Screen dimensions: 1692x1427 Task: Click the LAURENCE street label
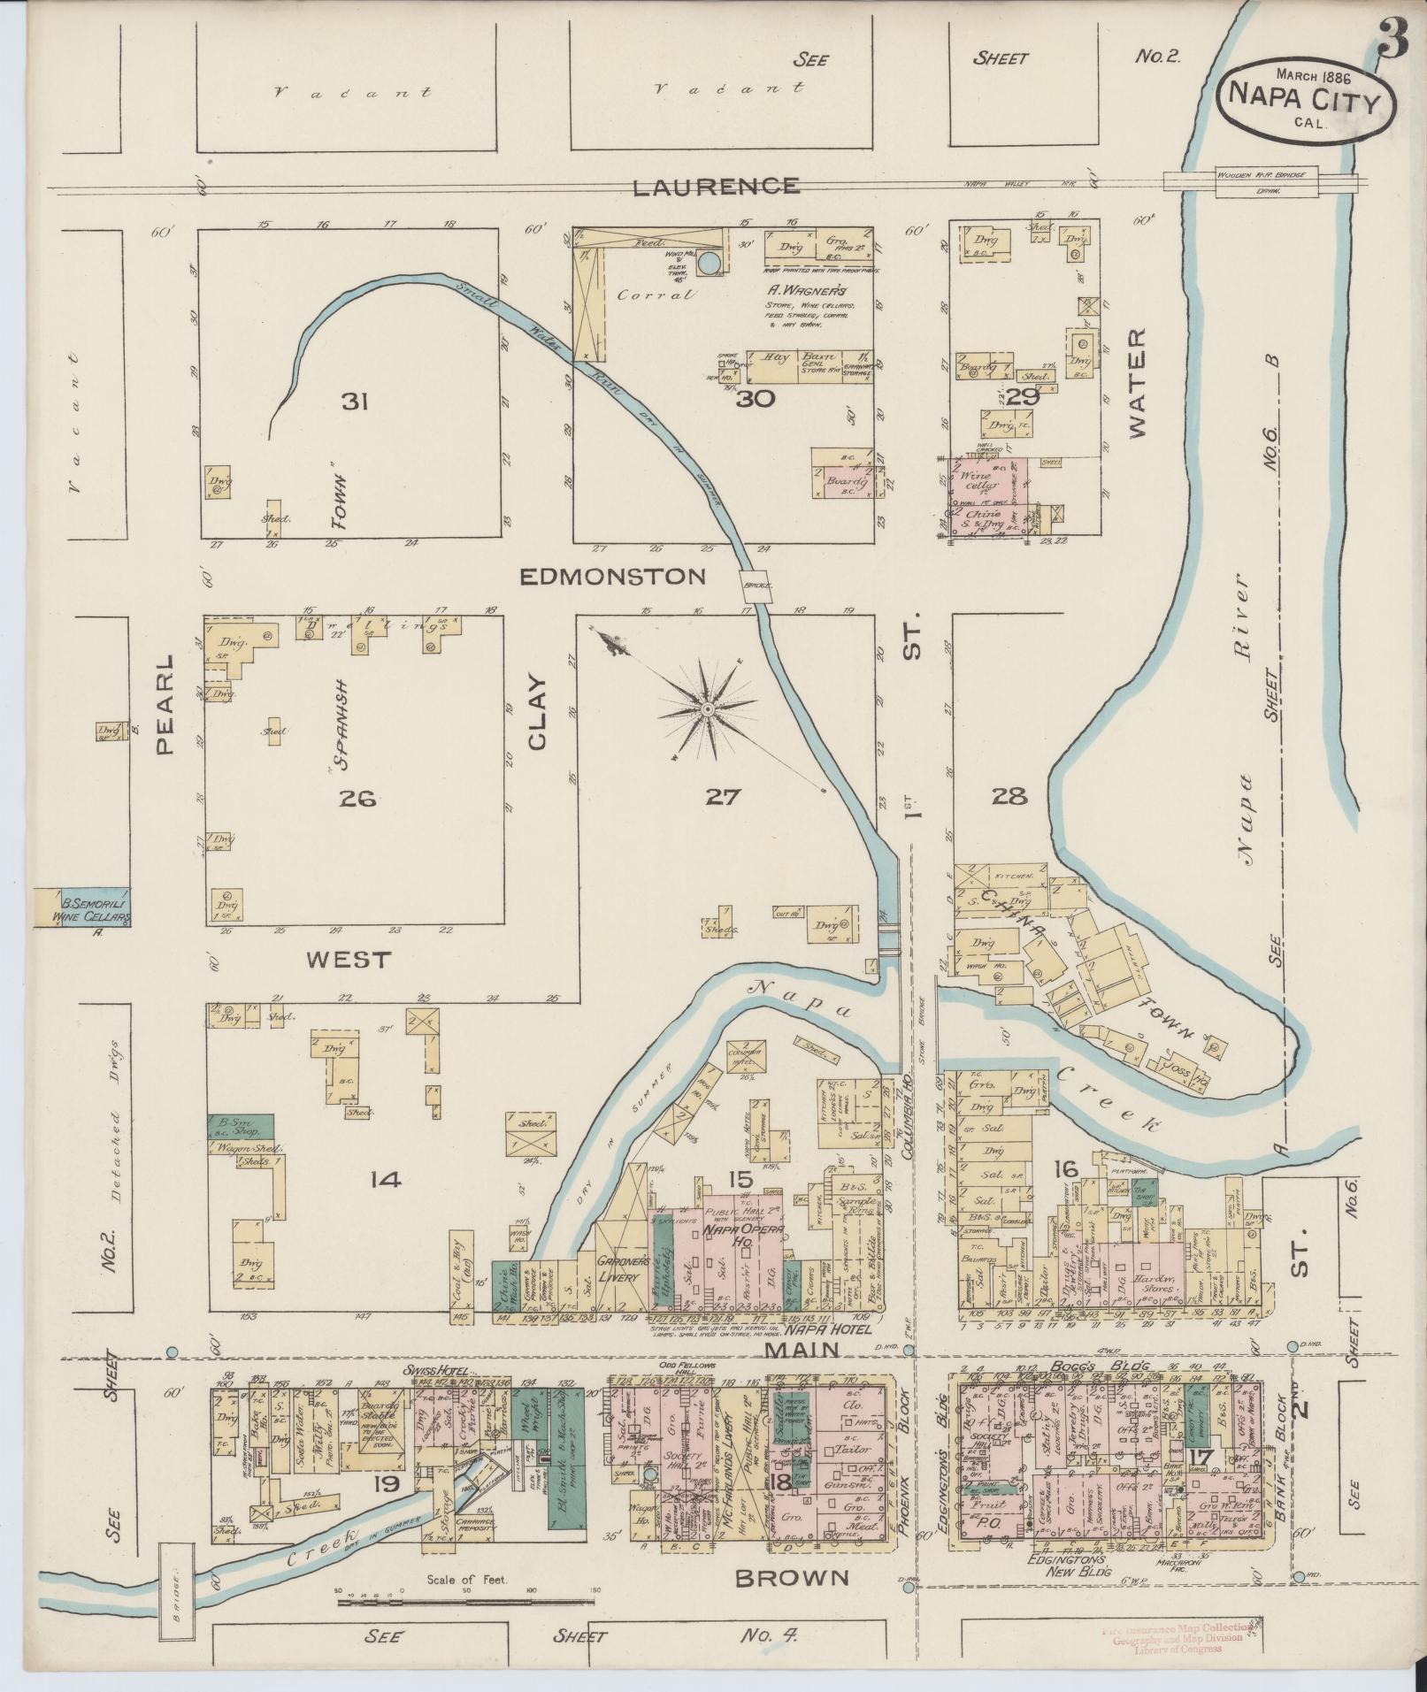point(715,187)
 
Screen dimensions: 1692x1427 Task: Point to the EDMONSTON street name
point(612,577)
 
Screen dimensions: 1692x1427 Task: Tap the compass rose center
point(708,708)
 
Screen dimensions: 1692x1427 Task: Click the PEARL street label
point(165,705)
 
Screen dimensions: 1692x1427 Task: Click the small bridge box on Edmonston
point(755,585)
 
